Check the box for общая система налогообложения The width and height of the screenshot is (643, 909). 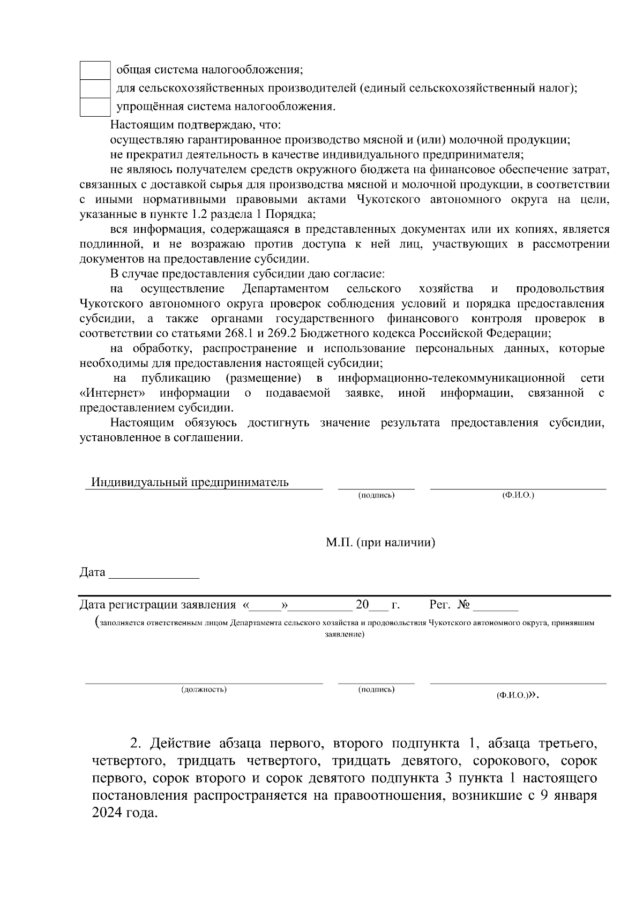(95, 70)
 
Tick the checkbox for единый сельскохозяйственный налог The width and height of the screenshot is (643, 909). (95, 88)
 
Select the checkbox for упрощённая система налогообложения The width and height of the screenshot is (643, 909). (95, 107)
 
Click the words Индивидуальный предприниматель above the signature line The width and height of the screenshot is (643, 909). (190, 482)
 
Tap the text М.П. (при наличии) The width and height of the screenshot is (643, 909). (380, 543)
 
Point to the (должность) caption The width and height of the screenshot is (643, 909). (204, 690)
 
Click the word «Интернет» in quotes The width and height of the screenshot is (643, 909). (113, 393)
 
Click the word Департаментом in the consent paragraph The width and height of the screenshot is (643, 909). (285, 289)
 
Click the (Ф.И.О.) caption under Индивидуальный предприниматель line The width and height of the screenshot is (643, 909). (518, 495)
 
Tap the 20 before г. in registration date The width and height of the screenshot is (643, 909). (362, 605)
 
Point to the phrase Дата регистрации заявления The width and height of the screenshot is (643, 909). (158, 605)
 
